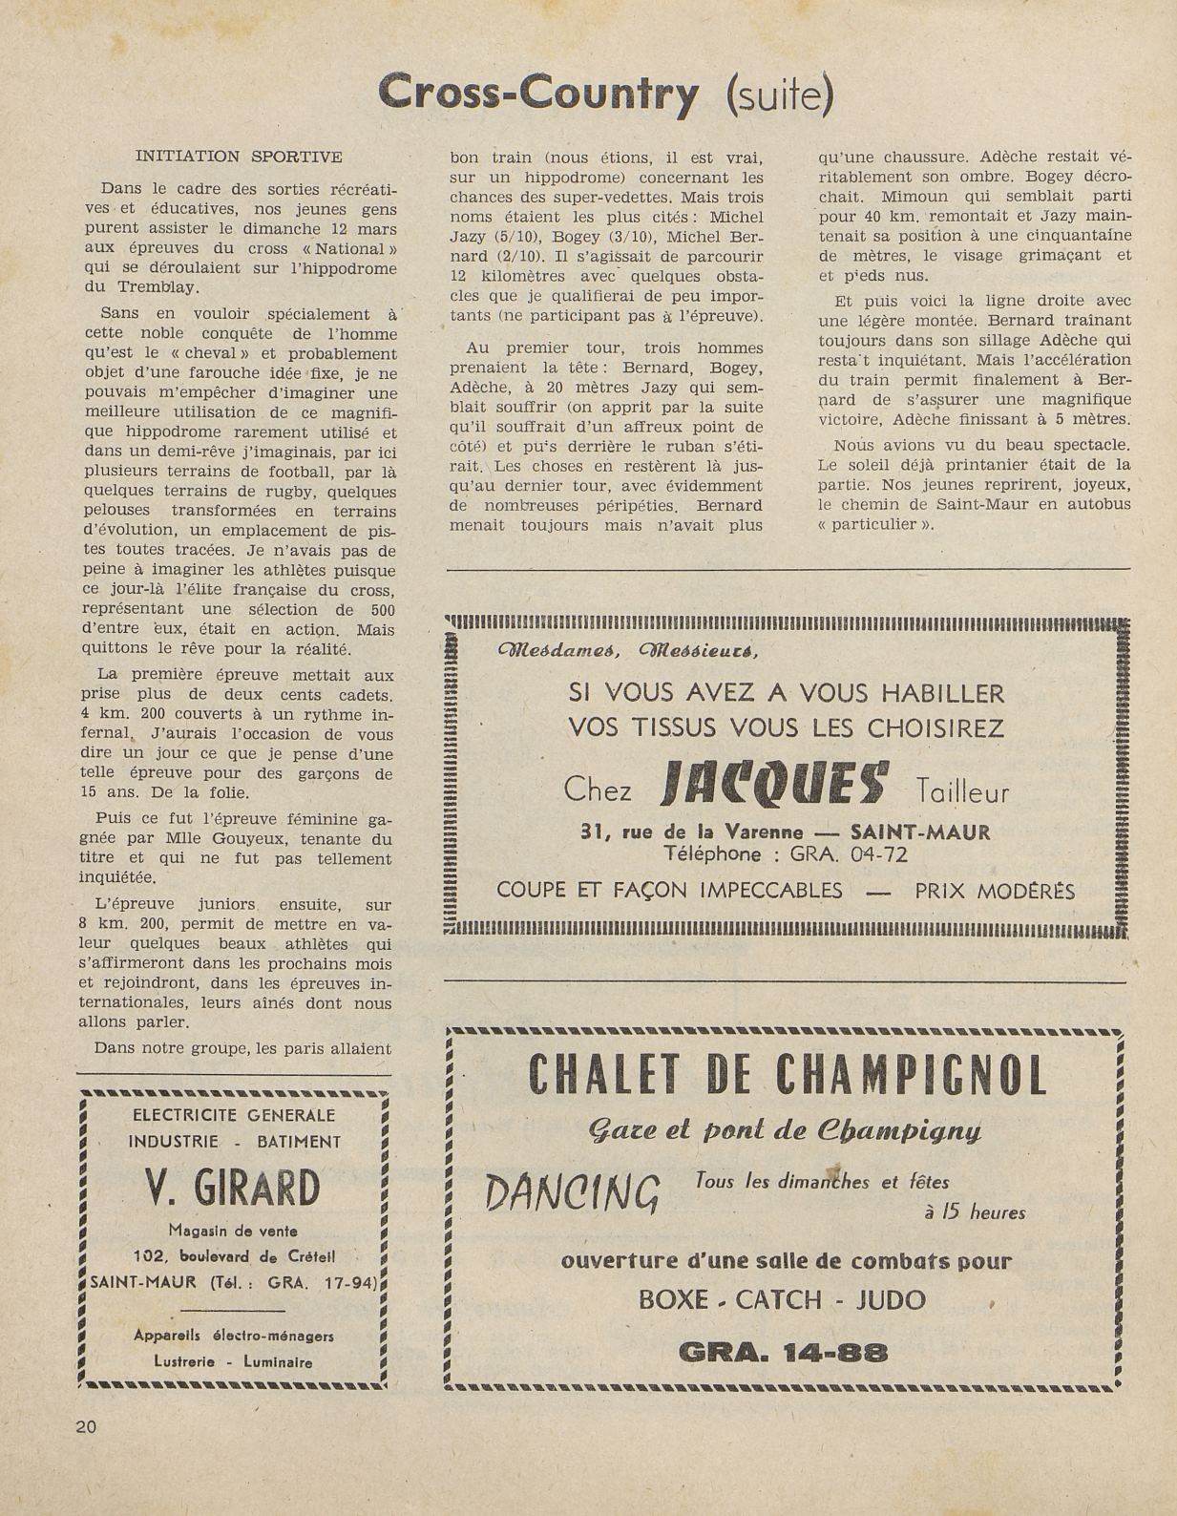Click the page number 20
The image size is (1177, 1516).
[86, 1427]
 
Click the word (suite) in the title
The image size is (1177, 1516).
[779, 95]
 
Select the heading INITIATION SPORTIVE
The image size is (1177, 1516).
[238, 156]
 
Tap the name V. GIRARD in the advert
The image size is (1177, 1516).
[233, 1189]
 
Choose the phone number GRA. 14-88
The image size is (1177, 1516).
[783, 1352]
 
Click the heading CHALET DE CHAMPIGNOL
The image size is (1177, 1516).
[787, 1076]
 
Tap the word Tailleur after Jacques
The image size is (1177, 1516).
[961, 792]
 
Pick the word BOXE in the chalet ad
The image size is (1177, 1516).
[674, 1300]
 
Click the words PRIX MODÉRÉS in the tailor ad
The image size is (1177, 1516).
[994, 892]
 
